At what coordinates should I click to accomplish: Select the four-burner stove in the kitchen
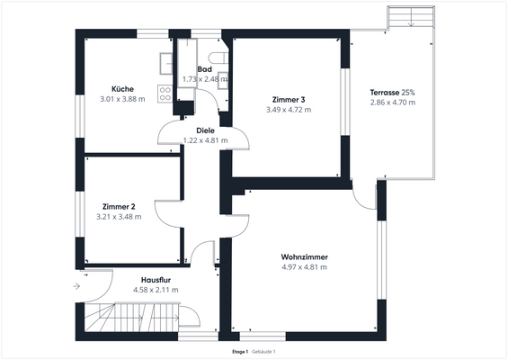coord(165,92)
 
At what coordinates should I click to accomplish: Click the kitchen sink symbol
coord(166,62)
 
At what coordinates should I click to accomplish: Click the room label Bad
coord(204,69)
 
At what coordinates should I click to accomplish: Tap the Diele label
coord(205,130)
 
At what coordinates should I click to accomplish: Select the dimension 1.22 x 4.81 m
coord(205,140)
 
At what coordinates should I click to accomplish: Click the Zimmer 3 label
coord(289,99)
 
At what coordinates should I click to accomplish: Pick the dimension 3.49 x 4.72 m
coord(289,110)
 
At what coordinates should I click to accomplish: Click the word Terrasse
coord(385,93)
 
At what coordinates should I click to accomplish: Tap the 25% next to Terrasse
coord(408,93)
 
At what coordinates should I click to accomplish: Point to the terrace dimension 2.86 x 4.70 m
coord(392,103)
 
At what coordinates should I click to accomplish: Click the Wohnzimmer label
coord(304,256)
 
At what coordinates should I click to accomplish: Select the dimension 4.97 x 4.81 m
coord(304,267)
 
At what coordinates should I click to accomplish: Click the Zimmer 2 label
coord(119,206)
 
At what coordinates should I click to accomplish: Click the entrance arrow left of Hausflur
coord(76,286)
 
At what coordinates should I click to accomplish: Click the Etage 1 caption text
coord(240,351)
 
